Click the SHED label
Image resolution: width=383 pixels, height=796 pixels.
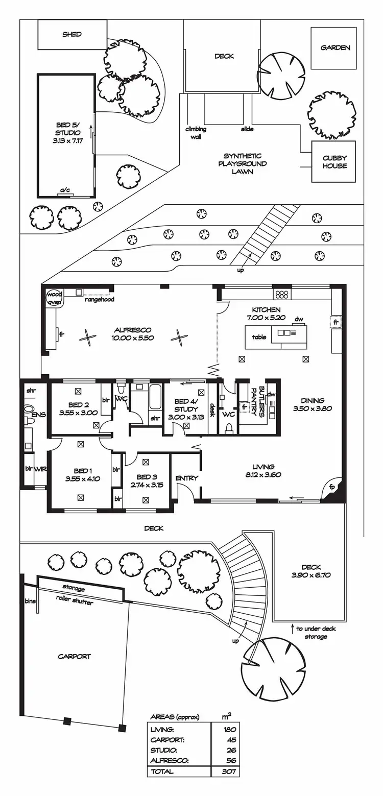click(72, 35)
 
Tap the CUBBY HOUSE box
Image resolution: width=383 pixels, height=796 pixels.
click(334, 162)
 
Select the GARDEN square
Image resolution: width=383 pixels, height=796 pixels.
click(335, 48)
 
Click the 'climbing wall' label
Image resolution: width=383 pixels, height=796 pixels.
click(196, 133)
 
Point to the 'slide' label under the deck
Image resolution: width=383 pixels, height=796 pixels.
click(247, 130)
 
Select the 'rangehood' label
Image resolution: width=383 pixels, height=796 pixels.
click(100, 300)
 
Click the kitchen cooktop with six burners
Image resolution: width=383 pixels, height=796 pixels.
click(282, 294)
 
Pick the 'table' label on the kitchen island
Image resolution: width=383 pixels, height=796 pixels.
click(259, 337)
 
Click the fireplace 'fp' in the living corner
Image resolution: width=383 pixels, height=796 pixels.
click(332, 487)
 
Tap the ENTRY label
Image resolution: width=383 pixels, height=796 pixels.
click(186, 478)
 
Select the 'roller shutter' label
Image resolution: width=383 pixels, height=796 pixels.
click(75, 602)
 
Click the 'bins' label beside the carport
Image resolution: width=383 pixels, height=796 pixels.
click(30, 601)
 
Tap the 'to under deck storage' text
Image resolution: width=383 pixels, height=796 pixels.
click(316, 633)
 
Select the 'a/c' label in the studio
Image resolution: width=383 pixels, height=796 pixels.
click(65, 190)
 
